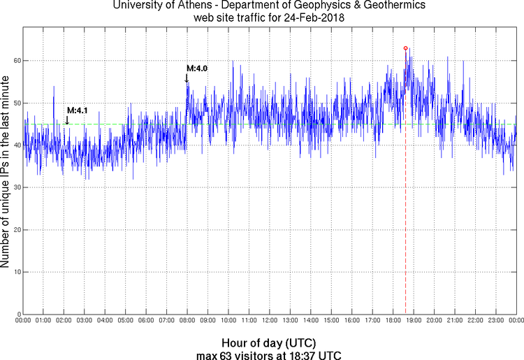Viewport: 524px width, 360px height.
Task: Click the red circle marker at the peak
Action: [x=406, y=48]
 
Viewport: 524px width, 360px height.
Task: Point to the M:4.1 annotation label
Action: [x=77, y=110]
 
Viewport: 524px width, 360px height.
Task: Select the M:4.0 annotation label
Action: [x=197, y=69]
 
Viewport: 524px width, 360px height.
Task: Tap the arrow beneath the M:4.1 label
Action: [x=67, y=120]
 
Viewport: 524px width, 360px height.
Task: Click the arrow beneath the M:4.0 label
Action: [x=187, y=78]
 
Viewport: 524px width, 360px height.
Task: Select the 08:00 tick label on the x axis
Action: [x=187, y=321]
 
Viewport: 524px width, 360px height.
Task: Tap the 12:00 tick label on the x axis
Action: [x=269, y=321]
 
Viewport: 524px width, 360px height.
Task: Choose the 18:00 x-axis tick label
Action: [x=393, y=321]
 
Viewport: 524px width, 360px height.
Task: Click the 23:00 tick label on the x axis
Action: [x=495, y=321]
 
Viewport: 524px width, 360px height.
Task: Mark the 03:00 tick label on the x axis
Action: [x=84, y=321]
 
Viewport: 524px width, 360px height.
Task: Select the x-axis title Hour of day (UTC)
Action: [x=269, y=343]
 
